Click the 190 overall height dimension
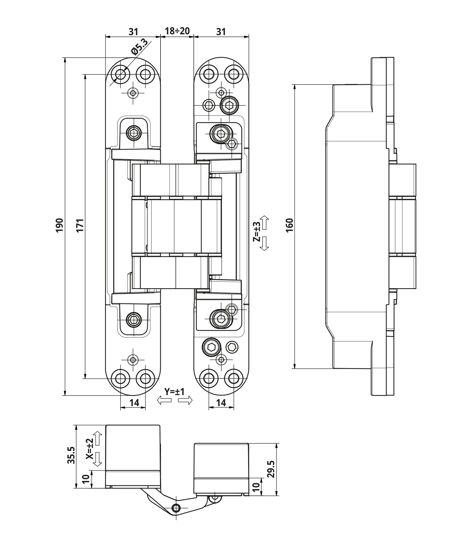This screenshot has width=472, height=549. pyautogui.click(x=60, y=226)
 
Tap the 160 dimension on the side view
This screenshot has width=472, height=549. pyautogui.click(x=290, y=226)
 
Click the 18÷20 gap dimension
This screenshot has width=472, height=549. pyautogui.click(x=177, y=31)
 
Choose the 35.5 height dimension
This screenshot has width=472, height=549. pyautogui.click(x=71, y=455)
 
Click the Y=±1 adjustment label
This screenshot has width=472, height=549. pyautogui.click(x=175, y=391)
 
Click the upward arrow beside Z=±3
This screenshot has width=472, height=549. pyautogui.click(x=265, y=223)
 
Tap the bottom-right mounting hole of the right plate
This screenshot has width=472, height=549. pyautogui.click(x=234, y=379)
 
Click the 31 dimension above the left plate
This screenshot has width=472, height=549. pyautogui.click(x=133, y=32)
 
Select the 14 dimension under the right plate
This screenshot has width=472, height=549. pyautogui.click(x=221, y=403)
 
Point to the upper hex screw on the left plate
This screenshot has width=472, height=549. pyautogui.click(x=134, y=134)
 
